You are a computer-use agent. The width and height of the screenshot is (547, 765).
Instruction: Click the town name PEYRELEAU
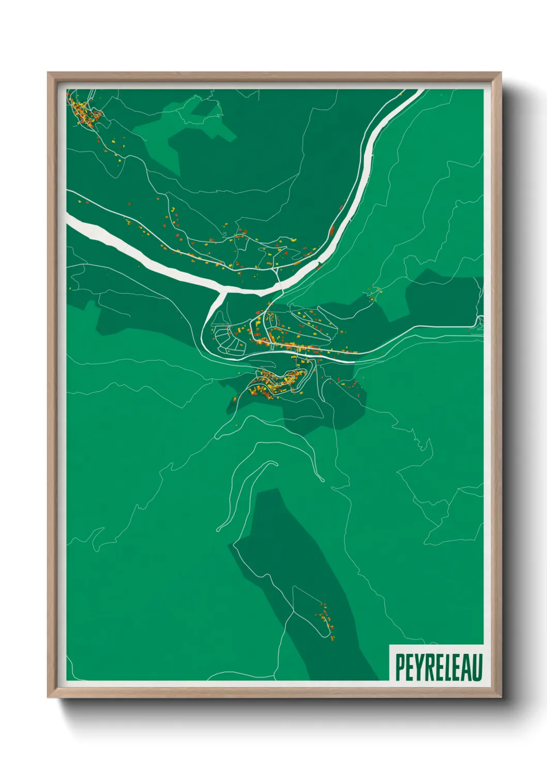pos(439,667)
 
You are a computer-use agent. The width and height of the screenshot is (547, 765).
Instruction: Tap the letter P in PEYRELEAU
pos(400,667)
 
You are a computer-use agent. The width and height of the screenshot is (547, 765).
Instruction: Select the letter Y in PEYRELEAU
pos(419,667)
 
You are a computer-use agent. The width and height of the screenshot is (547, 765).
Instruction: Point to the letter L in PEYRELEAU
pos(448,667)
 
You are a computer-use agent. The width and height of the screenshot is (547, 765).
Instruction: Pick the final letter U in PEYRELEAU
pos(478,667)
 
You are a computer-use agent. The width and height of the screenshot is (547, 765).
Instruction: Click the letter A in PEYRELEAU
pos(467,667)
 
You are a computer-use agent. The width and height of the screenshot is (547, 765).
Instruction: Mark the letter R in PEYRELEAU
pos(429,667)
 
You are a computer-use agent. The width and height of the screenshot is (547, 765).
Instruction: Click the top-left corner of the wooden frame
pos(48,73)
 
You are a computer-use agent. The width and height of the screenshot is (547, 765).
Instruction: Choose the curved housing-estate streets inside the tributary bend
pos(227,339)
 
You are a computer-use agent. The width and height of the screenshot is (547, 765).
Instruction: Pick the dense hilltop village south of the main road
pos(277,382)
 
